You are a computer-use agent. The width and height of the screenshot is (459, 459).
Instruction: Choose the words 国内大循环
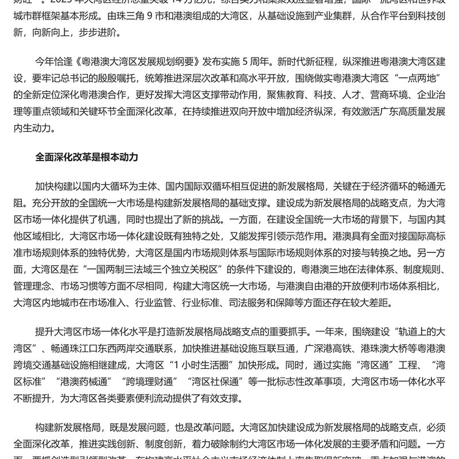click(103, 187)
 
